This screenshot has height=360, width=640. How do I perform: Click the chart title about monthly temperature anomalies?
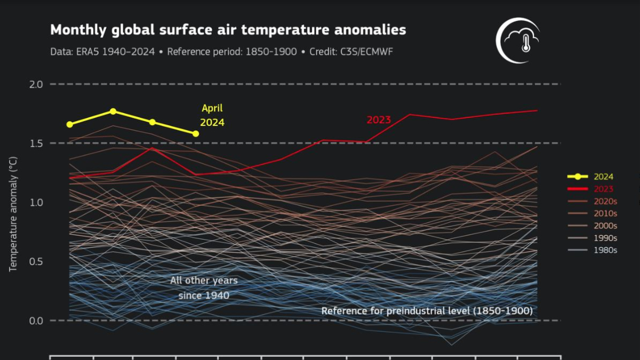click(x=228, y=30)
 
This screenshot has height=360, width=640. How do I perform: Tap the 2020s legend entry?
click(x=605, y=201)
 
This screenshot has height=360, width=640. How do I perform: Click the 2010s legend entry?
click(x=605, y=213)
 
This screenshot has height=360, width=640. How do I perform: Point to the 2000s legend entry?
click(x=605, y=226)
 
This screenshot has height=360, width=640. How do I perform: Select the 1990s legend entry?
click(x=605, y=238)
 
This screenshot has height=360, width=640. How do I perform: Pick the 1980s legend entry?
click(x=605, y=250)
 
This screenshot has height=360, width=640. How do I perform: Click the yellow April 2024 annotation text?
click(x=212, y=115)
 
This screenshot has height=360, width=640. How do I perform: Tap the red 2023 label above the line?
click(x=379, y=120)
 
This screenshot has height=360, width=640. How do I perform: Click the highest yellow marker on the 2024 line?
click(x=113, y=111)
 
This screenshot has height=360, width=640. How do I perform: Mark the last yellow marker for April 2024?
click(x=196, y=133)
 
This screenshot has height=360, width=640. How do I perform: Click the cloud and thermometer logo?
click(x=518, y=40)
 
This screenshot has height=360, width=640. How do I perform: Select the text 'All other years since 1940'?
click(x=204, y=287)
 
